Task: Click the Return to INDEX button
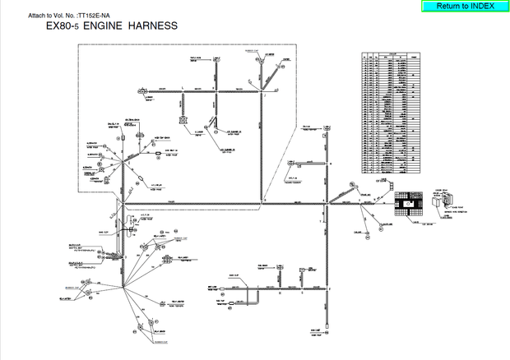point(465,6)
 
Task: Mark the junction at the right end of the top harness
point(263,95)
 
